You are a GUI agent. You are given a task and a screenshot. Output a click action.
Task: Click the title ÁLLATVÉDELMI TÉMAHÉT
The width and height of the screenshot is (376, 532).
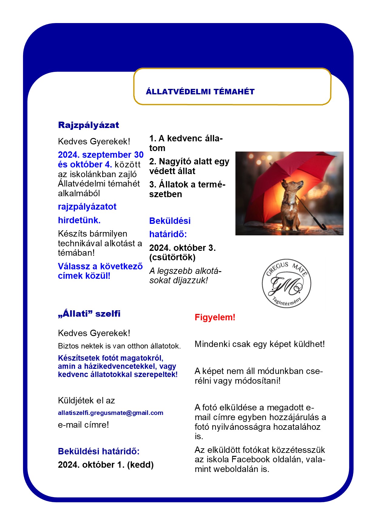tap(200, 92)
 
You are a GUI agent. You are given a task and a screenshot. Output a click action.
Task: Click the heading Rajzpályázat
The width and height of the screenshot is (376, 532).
tap(88, 125)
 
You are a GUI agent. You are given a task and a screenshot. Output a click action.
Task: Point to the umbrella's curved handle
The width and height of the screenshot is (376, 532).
tap(323, 226)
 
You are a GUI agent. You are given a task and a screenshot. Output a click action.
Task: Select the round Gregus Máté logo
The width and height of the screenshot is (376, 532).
tap(286, 284)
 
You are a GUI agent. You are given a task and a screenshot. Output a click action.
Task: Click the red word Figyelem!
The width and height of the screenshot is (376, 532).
tap(215, 318)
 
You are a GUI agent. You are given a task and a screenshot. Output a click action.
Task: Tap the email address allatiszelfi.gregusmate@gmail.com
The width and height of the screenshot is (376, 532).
tap(110, 413)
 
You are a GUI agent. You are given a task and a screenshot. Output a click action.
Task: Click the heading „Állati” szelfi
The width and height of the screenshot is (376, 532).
tap(89, 314)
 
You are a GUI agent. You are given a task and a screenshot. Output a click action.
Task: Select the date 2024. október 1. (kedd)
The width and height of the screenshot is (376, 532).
tap(106, 465)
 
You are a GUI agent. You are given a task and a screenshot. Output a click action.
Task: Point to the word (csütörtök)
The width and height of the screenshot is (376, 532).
tap(172, 258)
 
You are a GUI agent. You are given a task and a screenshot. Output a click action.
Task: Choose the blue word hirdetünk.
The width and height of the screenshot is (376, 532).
tap(79, 220)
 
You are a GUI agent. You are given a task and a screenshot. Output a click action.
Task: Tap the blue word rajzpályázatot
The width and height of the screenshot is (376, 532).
tap(87, 207)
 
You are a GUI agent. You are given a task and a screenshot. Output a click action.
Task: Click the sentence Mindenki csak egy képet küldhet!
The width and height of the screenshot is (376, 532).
tap(260, 344)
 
